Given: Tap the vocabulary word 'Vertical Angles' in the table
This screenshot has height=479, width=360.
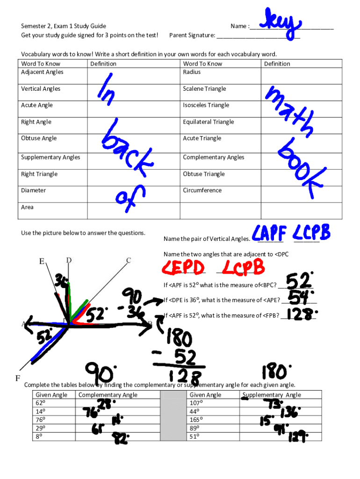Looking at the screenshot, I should coord(41,89).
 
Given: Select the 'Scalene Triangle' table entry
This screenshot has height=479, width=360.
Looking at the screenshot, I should coord(204,89).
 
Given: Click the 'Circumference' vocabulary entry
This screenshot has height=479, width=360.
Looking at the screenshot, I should coord(202,190).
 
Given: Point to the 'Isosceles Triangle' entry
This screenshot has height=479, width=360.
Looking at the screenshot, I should coord(206,105).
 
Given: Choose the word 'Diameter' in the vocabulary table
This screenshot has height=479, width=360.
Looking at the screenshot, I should coord(33,190).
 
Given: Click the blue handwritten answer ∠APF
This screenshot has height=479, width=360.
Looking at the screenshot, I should coord(269,232).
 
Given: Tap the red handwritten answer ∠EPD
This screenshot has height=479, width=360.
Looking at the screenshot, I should coord(183,268).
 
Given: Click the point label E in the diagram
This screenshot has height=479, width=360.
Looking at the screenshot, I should coord(42,261).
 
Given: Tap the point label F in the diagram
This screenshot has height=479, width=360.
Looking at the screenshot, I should coord(17,377).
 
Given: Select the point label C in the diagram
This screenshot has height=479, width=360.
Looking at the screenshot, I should coord(128,260).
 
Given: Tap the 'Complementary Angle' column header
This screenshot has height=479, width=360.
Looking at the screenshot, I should coord(108,395).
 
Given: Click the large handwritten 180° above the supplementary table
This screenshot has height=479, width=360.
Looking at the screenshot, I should coord(274,372).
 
